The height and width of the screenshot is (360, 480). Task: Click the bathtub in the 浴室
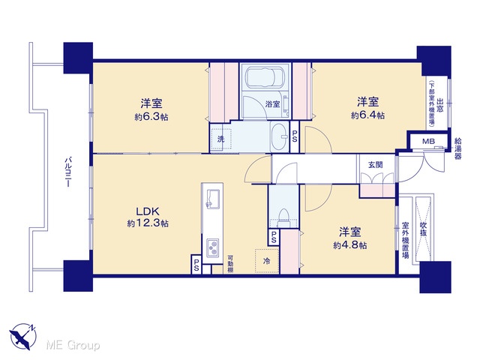[x=265, y=77]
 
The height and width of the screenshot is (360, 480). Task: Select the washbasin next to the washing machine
[x=280, y=136]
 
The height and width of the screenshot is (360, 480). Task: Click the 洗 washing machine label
[x=221, y=139]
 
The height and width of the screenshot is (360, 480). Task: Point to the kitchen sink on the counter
[x=213, y=199]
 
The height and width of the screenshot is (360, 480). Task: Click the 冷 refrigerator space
[x=267, y=261]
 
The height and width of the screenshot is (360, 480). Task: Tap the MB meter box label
[x=428, y=142]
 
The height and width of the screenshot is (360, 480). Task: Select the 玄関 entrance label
[x=375, y=165]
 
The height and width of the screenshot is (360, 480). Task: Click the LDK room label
[x=148, y=211]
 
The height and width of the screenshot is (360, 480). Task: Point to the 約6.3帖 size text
[x=151, y=117]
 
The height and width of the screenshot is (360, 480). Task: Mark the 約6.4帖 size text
[x=367, y=115]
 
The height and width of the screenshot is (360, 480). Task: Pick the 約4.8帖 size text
[x=350, y=245]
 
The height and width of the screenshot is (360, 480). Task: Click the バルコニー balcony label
[x=69, y=172]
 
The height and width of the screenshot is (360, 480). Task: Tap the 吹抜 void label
[x=423, y=229]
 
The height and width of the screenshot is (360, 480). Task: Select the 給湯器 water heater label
[x=458, y=148]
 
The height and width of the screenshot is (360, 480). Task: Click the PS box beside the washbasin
[x=295, y=136]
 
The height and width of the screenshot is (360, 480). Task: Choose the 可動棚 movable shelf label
[x=230, y=264]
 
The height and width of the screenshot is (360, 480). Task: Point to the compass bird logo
[x=23, y=336]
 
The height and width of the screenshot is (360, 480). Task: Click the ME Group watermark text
[x=73, y=345]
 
